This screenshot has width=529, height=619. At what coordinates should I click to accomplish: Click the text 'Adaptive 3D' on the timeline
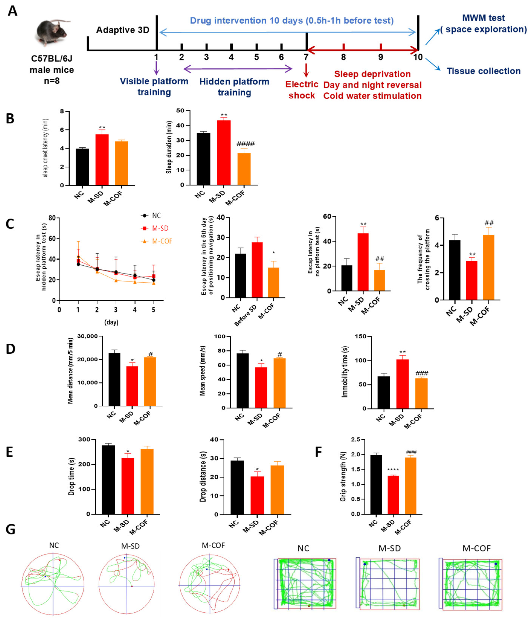122,30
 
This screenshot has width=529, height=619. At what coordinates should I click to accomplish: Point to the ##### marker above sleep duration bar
245,144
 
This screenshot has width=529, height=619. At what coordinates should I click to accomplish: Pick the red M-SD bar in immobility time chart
402,384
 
